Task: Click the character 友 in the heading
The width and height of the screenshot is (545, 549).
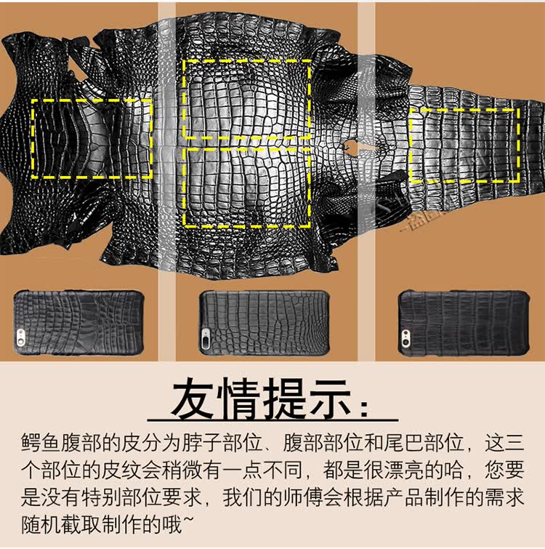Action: pos(192,398)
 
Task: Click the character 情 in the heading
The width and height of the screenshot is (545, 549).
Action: pos(239,398)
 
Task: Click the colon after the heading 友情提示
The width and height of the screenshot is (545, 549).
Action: pos(365,408)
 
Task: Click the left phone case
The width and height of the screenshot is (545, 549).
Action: pos(78,323)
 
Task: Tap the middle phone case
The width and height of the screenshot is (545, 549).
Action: pos(265,323)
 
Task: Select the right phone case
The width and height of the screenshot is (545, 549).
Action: pos(464,323)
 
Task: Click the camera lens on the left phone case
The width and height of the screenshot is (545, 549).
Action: pos(20,335)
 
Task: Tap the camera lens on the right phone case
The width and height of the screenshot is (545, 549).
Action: pos(405,337)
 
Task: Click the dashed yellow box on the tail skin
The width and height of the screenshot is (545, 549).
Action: pos(464,109)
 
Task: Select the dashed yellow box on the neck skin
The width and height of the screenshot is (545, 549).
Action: pos(92,100)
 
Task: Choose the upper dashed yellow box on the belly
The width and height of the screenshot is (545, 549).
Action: pos(246,60)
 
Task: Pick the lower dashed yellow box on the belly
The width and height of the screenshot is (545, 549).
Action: pos(246,227)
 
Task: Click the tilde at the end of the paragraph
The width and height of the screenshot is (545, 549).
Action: pos(188,520)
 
